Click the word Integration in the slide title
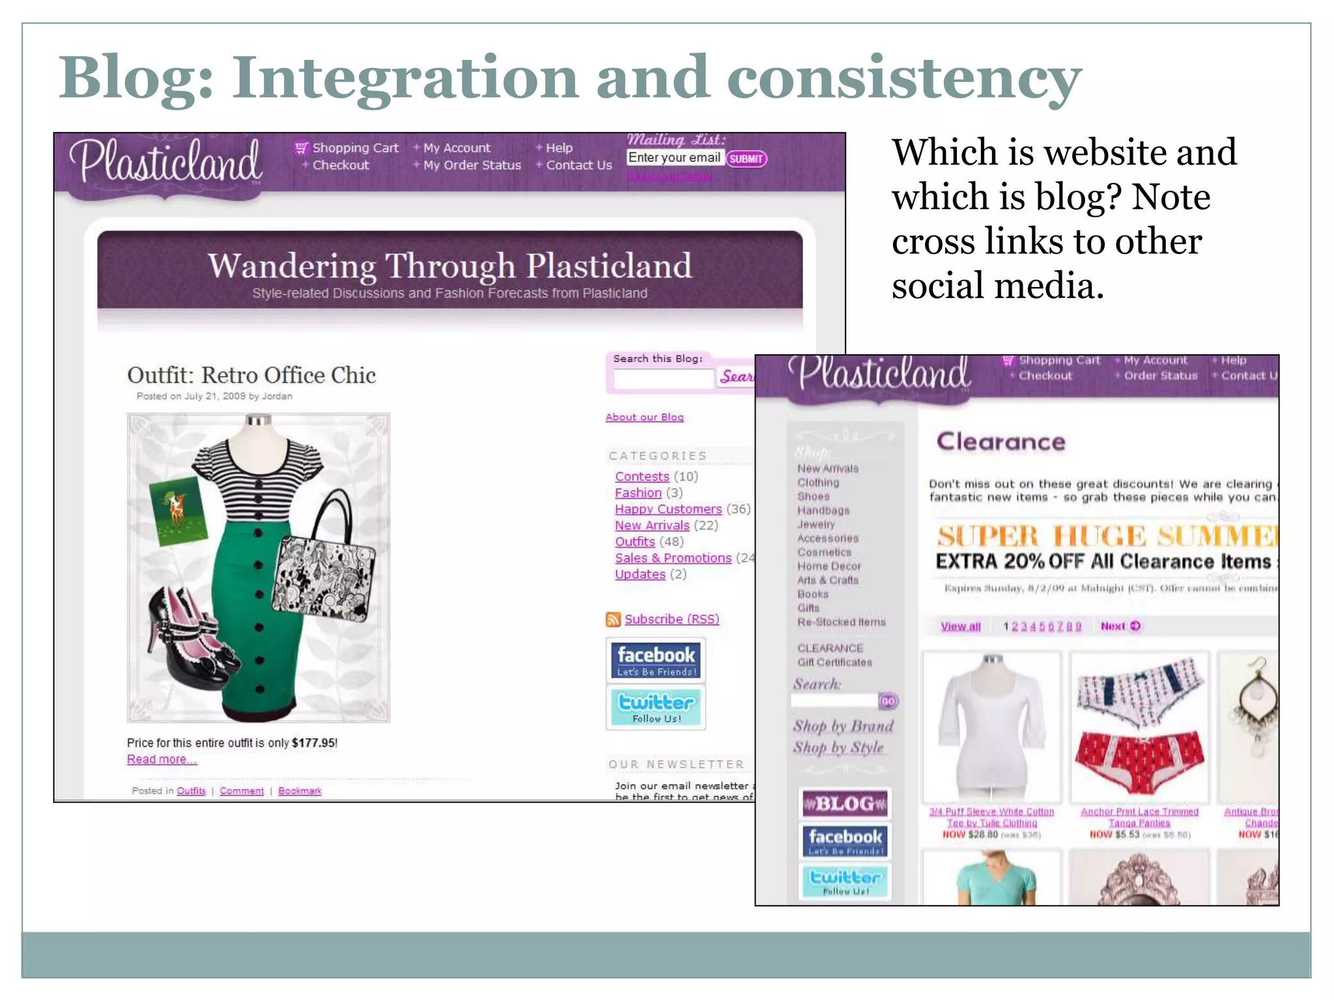[x=404, y=78]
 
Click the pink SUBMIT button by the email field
[x=746, y=159]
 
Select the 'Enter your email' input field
[x=675, y=158]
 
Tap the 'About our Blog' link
[x=644, y=417]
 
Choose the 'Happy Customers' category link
[x=668, y=509]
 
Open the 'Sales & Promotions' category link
[x=673, y=558]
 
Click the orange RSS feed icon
[x=613, y=619]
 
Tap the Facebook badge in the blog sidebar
[x=656, y=660]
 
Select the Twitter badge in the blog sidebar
[x=656, y=707]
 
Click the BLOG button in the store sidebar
[x=845, y=803]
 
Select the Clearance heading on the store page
[x=1000, y=442]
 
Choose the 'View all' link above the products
[x=960, y=626]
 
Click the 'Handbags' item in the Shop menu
[x=823, y=510]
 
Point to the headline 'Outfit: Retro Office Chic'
[x=251, y=375]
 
